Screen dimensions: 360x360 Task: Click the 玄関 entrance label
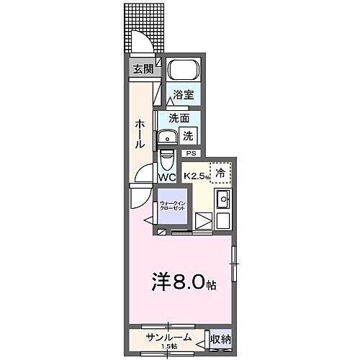pos(142,69)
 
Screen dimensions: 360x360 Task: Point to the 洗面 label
pos(179,117)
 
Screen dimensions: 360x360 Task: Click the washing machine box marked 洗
pos(189,135)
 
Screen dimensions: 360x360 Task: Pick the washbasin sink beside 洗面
pos(168,137)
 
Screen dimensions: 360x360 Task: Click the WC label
pos(167,177)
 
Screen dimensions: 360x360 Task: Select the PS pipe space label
pos(191,153)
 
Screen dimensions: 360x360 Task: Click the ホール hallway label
pos(140,134)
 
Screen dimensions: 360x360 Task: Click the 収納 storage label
pos(220,338)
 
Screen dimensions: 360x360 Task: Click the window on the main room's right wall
pos(233,260)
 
